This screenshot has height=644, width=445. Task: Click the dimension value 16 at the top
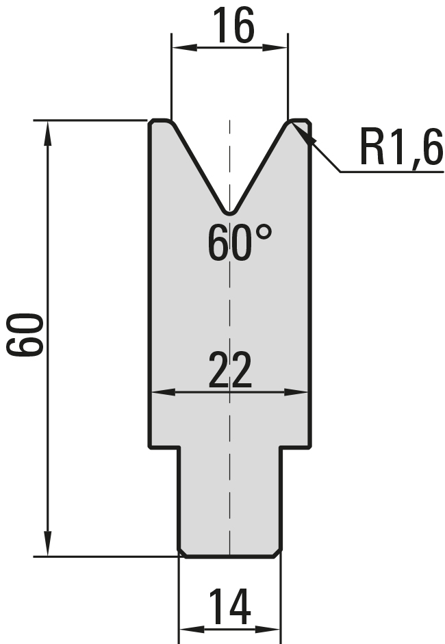pyautogui.click(x=233, y=25)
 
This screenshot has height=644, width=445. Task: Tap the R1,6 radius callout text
pyautogui.click(x=401, y=146)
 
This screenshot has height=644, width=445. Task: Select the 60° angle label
pyautogui.click(x=240, y=243)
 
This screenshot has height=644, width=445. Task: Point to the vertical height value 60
pyautogui.click(x=25, y=335)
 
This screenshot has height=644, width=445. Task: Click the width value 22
pyautogui.click(x=230, y=370)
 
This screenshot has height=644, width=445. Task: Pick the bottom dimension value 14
pyautogui.click(x=230, y=606)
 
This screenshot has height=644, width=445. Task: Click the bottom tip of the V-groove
pyautogui.click(x=230, y=214)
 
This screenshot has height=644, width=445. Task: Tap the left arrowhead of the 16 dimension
pyautogui.click(x=185, y=48)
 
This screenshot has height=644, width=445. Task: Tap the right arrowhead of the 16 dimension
pyautogui.click(x=275, y=48)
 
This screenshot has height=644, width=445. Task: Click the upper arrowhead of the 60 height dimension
pyautogui.click(x=48, y=133)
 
